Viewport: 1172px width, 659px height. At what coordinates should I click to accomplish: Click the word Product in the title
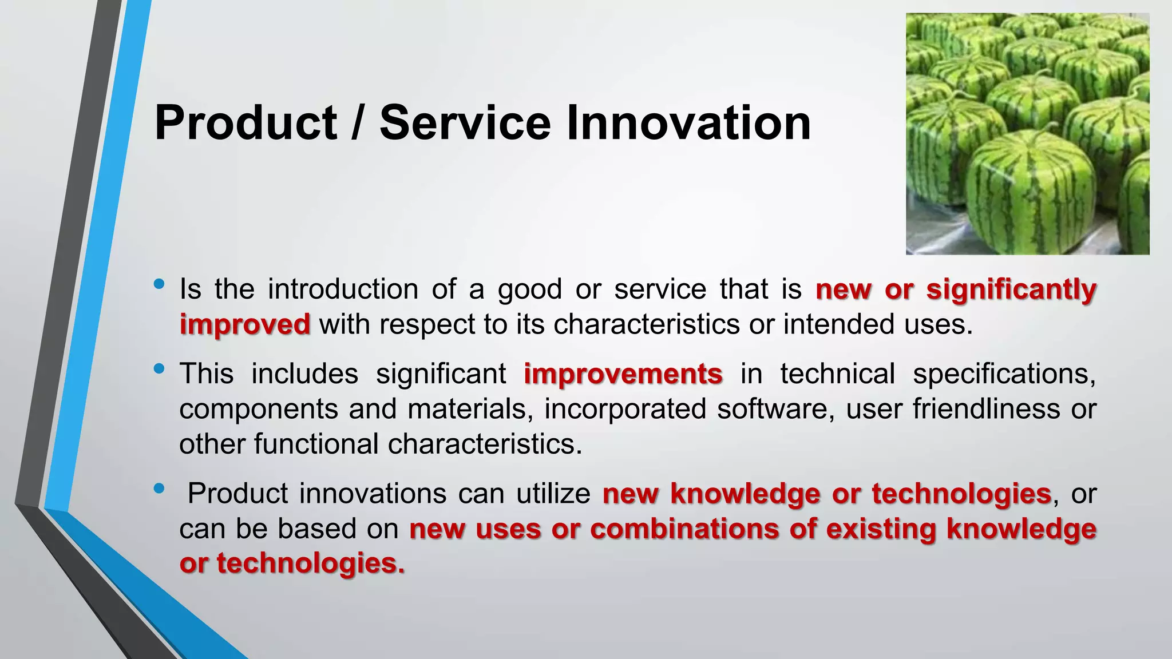click(x=246, y=123)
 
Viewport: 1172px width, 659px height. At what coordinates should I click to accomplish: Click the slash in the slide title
click(x=357, y=123)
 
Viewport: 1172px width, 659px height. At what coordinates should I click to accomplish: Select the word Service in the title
click(x=465, y=123)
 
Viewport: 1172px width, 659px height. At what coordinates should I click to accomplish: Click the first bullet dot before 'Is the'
click(x=159, y=284)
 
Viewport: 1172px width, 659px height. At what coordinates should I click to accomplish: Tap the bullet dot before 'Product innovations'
click(x=159, y=488)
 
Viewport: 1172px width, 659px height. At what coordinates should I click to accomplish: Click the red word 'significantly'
click(x=1011, y=289)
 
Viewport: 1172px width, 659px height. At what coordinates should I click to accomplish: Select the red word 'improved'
click(x=245, y=324)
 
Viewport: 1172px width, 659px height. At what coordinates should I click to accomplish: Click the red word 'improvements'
click(x=623, y=374)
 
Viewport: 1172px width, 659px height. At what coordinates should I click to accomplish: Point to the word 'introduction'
click(x=343, y=289)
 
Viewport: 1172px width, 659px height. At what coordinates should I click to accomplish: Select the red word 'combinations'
click(x=684, y=529)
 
